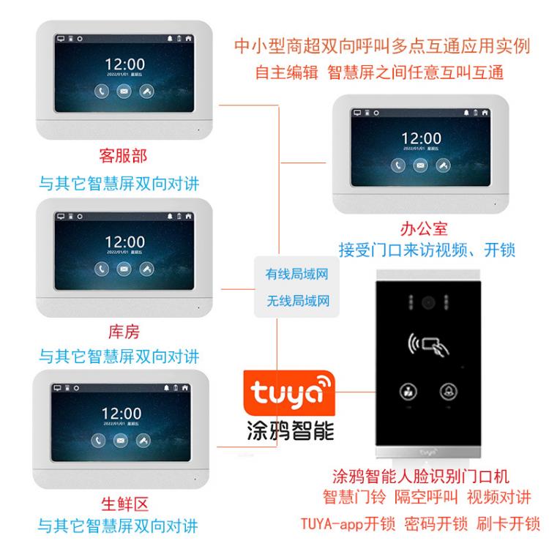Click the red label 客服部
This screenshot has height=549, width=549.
tap(122, 155)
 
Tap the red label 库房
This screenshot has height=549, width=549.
tap(122, 332)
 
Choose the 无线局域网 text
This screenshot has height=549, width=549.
tap(297, 300)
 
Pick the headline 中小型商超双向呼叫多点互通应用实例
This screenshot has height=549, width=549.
tap(381, 46)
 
